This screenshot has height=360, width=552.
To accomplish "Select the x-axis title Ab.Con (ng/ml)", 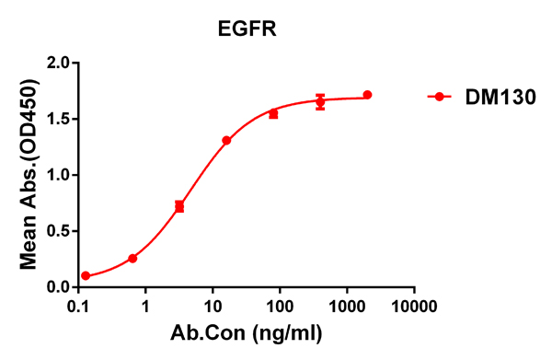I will (247, 331).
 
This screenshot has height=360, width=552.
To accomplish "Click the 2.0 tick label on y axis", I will (58, 63).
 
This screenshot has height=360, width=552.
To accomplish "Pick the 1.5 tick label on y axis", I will (58, 119).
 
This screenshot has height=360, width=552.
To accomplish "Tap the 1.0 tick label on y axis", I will (58, 175).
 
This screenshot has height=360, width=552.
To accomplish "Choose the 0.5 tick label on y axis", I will (58, 231).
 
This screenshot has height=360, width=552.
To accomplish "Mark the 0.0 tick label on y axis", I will (58, 286).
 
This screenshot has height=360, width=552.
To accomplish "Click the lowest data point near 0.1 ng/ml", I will (86, 276).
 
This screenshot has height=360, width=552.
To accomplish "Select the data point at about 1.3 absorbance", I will (226, 141).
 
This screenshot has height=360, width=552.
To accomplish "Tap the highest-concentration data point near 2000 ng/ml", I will (367, 95).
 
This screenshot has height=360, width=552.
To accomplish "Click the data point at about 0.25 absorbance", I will (132, 259).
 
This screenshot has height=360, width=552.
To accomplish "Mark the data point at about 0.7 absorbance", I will (179, 206).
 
